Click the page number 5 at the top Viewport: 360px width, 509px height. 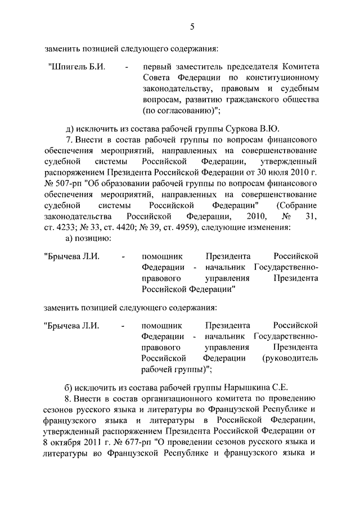click(x=192, y=26)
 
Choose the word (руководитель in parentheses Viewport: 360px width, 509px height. click(x=290, y=358)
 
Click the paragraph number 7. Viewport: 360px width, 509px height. click(x=69, y=139)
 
